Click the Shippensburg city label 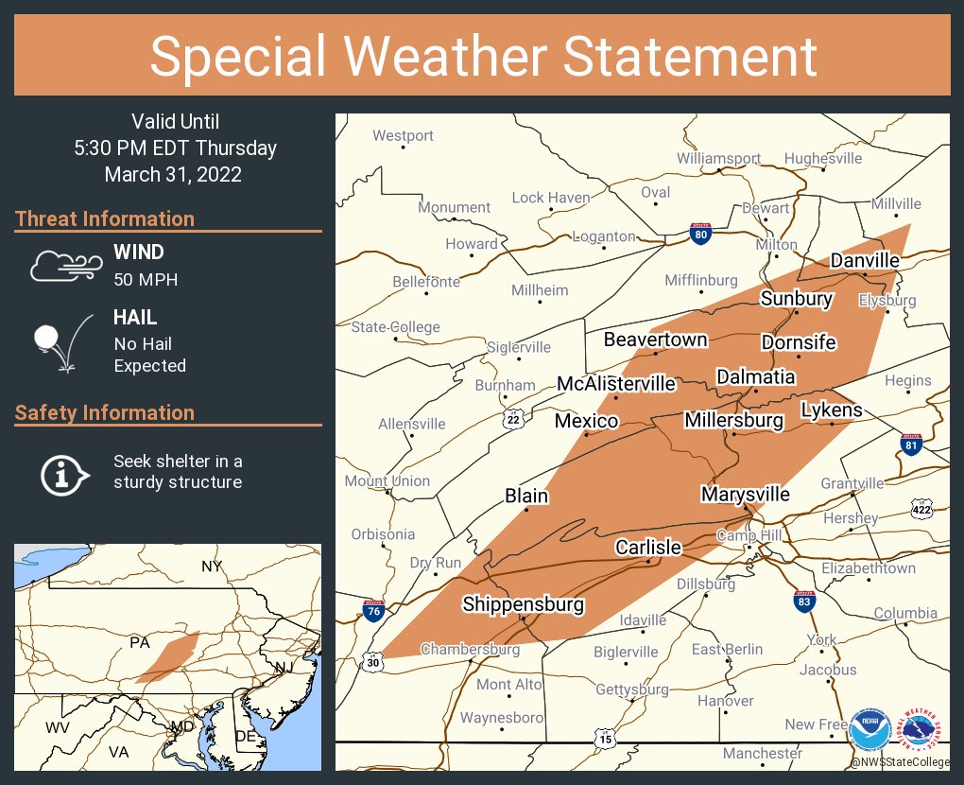(523, 604)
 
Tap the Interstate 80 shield (700, 235)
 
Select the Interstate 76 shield (373, 610)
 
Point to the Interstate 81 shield (911, 444)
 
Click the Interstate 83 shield (803, 601)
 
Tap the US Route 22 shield (513, 418)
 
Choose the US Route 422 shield (922, 510)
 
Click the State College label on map (395, 327)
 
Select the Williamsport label (718, 158)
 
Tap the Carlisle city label (647, 547)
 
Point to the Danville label (865, 260)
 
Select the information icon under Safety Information (63, 473)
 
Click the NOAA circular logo (869, 731)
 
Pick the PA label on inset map (140, 643)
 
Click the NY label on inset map (211, 567)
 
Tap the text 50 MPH (146, 279)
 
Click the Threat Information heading (105, 218)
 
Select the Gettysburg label (631, 689)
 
